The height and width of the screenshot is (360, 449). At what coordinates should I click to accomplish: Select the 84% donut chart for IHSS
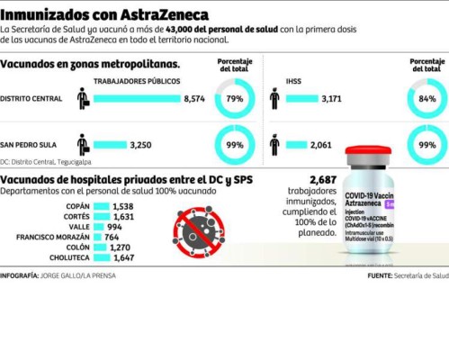427,97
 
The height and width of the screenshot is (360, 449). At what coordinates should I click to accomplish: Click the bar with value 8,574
139,97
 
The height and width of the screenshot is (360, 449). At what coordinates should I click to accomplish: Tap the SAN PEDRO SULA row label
29,143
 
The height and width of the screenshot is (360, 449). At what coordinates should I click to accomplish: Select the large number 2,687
323,181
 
